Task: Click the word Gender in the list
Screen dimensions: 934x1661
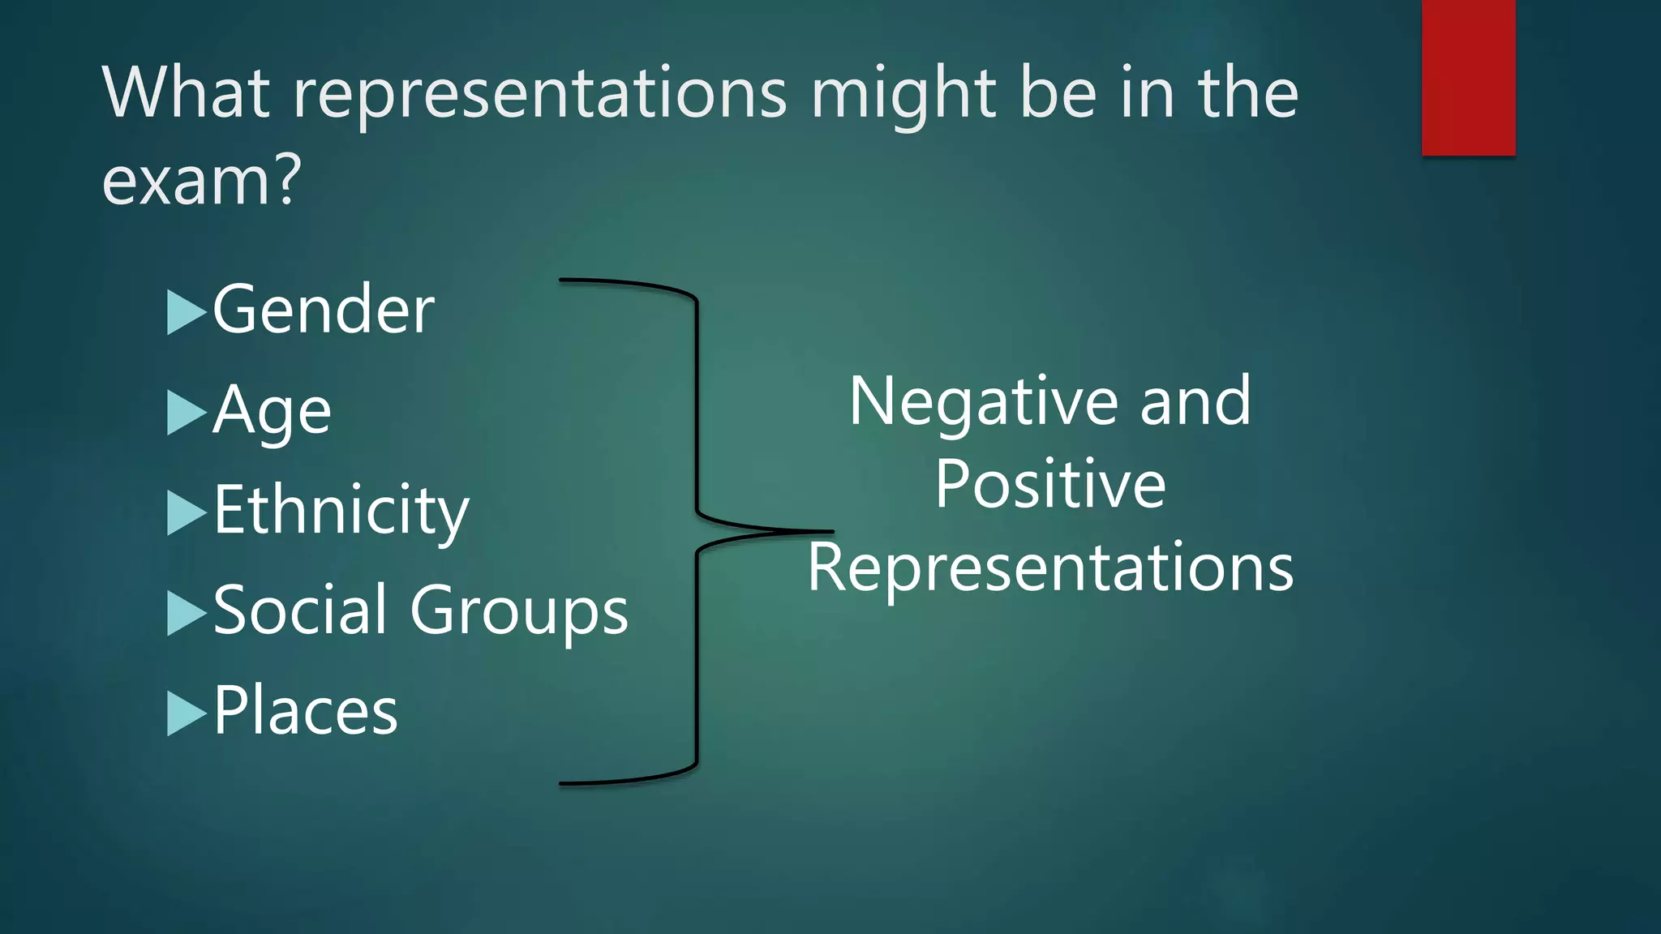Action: [x=324, y=310]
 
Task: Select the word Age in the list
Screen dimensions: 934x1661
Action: [x=273, y=412]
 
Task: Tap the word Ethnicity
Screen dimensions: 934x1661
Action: [x=341, y=512]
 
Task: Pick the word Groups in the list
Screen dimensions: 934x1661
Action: [x=519, y=612]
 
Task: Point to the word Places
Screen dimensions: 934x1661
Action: [x=306, y=711]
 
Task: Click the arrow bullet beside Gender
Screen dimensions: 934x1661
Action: [x=186, y=312]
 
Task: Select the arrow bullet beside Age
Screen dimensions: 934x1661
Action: [x=186, y=413]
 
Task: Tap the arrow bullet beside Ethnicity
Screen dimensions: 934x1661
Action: [x=186, y=513]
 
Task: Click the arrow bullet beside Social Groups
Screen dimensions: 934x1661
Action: [x=186, y=613]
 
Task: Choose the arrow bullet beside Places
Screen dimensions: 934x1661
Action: [x=186, y=713]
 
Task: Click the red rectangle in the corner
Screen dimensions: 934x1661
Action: [x=1468, y=77]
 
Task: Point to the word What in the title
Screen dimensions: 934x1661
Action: [x=186, y=92]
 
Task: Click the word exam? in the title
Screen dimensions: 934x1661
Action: [x=202, y=180]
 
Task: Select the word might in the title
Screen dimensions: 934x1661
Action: [x=903, y=94]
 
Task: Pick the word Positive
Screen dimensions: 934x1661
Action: [x=1050, y=484]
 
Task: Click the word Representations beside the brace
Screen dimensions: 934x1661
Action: [x=1050, y=568]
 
